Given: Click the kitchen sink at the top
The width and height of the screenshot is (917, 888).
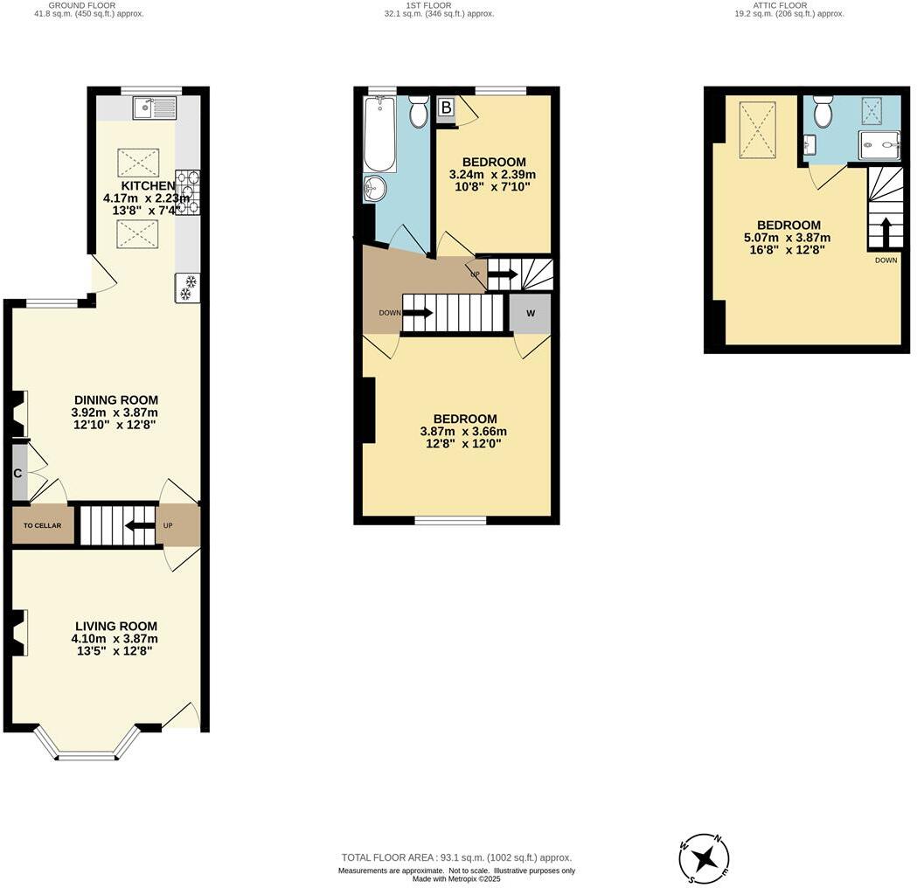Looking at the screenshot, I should pyautogui.click(x=155, y=108).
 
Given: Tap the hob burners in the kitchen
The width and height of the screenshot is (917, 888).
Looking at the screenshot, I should pyautogui.click(x=187, y=191).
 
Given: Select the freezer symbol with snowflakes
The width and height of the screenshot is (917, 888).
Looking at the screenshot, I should pyautogui.click(x=187, y=288).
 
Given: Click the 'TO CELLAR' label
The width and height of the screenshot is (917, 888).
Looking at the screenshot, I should pyautogui.click(x=43, y=526).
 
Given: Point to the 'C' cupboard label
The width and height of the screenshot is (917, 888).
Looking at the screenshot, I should pyautogui.click(x=17, y=474).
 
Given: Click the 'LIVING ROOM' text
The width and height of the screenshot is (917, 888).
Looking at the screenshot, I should pyautogui.click(x=115, y=626).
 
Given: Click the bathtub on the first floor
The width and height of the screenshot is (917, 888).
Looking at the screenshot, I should pyautogui.click(x=379, y=135).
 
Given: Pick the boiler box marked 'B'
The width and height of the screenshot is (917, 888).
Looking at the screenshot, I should pyautogui.click(x=446, y=108).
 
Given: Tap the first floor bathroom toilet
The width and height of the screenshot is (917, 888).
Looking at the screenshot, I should pyautogui.click(x=419, y=111).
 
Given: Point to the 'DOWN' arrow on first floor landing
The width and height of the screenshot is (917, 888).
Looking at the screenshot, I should pyautogui.click(x=416, y=313).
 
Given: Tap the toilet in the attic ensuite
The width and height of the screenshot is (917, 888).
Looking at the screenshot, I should pyautogui.click(x=823, y=112).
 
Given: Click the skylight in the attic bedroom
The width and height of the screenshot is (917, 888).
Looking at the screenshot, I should pyautogui.click(x=756, y=130).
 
